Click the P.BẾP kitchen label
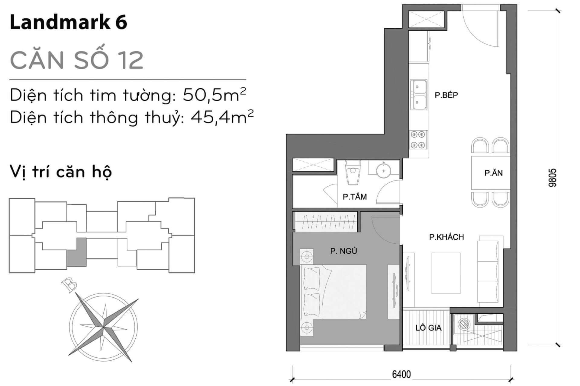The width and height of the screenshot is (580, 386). coord(446,95)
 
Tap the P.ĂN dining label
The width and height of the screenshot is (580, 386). coord(494,173)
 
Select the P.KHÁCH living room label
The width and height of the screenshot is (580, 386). coord(446,237)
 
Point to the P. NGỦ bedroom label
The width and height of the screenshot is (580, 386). coord(344,251)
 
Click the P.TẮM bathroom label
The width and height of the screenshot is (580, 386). coord(355,197)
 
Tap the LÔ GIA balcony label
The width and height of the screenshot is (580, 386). coord(428,327)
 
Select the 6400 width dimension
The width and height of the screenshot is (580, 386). coord(401,374)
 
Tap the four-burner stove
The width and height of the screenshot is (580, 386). coord(418,140)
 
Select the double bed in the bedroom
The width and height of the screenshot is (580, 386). coord(334,292)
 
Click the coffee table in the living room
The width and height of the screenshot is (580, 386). coord(446,273)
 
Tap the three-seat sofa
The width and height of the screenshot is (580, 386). coord(488,271)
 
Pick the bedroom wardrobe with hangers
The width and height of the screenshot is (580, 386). coord(326,222)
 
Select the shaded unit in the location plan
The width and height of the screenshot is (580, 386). coord(76,252)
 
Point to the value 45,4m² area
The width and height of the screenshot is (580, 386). coord(222,117)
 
